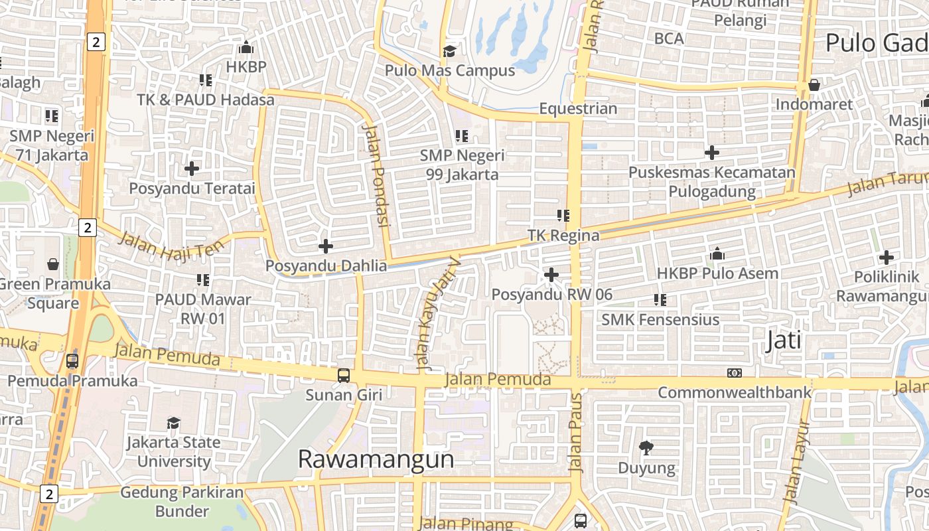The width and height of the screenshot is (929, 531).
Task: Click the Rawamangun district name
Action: (x=376, y=459)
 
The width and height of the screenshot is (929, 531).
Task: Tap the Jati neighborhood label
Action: (x=784, y=341)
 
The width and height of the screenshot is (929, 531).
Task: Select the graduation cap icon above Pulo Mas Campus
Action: (x=450, y=51)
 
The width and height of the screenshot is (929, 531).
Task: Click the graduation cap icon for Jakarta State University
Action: (x=173, y=423)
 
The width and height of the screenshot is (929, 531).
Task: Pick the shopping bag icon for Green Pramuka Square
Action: (x=53, y=265)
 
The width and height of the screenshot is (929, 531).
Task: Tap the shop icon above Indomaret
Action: (x=814, y=85)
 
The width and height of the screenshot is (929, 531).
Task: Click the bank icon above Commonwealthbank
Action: (x=734, y=373)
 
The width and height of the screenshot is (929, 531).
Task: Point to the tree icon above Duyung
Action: (x=646, y=448)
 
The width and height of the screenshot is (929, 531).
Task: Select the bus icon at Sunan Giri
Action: (x=344, y=376)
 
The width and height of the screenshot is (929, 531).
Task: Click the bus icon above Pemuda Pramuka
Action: (x=72, y=362)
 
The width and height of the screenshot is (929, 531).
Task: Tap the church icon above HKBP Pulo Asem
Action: (x=717, y=254)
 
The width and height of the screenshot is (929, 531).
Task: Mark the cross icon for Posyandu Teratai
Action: (x=192, y=169)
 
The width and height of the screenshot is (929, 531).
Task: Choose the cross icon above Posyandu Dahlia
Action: (x=326, y=246)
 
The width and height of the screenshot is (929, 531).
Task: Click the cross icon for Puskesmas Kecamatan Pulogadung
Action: (x=712, y=153)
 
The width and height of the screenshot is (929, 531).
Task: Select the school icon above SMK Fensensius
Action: (x=660, y=300)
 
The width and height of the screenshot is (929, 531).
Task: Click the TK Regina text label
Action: (x=563, y=236)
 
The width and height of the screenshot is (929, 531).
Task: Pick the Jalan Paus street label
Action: (x=576, y=432)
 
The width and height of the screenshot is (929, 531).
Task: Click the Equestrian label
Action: (x=578, y=109)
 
